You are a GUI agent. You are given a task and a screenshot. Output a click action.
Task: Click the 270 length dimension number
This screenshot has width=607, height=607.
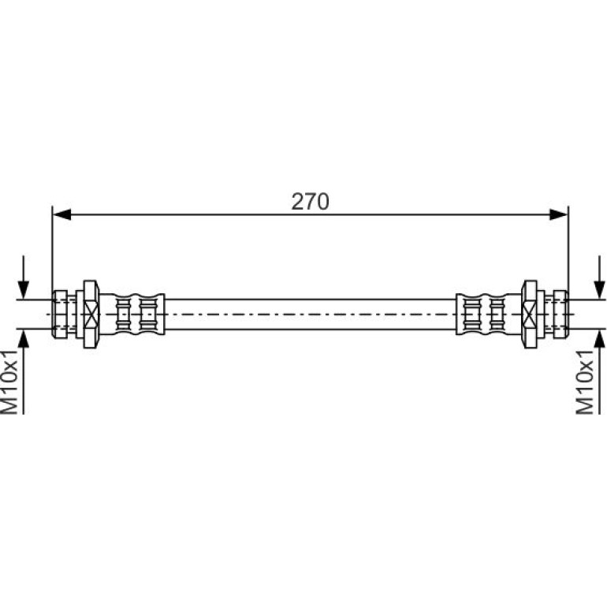point(310,201)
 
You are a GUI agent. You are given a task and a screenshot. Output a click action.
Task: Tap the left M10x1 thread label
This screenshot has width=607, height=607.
point(9,382)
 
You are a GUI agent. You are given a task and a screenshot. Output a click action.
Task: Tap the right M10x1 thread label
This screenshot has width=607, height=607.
point(585,382)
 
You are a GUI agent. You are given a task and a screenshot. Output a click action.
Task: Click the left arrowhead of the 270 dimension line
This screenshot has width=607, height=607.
point(61,214)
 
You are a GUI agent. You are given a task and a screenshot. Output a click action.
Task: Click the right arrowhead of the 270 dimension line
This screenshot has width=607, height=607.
point(559,214)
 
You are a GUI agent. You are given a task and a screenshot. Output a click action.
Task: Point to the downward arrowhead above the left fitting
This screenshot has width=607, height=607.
point(24,289)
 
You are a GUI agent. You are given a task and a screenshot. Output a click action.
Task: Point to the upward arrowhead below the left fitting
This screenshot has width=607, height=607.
point(24,339)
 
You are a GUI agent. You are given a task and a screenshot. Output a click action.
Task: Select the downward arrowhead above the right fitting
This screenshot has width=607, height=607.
point(599,289)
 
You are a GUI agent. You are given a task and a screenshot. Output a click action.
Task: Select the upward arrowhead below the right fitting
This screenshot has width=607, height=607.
point(599,339)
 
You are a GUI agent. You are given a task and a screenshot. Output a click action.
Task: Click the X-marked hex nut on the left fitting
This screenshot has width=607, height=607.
point(91,315)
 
